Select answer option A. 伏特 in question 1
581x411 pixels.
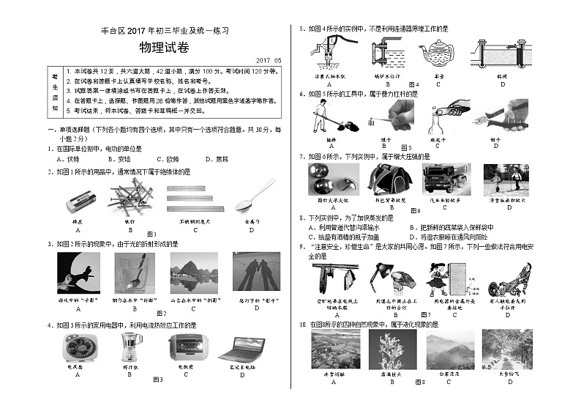(69, 158)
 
